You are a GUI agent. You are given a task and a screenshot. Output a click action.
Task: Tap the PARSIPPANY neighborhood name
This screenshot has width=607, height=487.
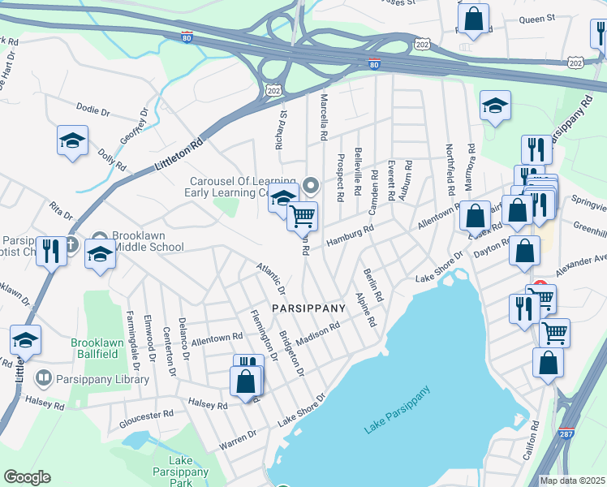pyautogui.click(x=308, y=308)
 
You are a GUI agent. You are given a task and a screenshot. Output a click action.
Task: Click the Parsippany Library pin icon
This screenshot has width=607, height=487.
pyautogui.click(x=43, y=378)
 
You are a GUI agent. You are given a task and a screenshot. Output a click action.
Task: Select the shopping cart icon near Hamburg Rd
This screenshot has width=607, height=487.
pyautogui.click(x=302, y=216)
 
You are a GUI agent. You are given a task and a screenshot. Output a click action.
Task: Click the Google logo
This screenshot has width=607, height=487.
pyautogui.click(x=27, y=477)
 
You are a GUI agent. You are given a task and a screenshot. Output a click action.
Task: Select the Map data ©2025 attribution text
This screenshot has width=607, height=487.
pyautogui.click(x=572, y=481)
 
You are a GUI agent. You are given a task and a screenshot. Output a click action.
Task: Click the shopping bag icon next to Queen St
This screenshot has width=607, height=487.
pyautogui.click(x=473, y=17)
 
